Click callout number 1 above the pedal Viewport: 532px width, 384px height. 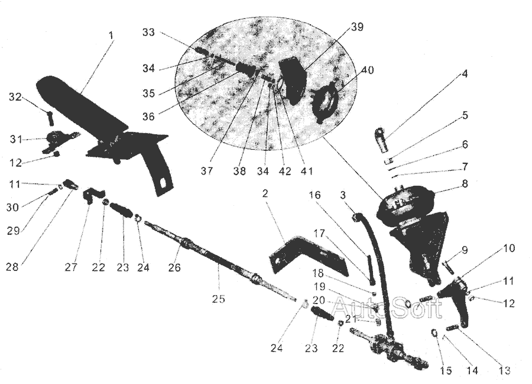click(111, 36)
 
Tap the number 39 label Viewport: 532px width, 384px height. click(356, 28)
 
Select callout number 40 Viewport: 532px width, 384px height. click(367, 70)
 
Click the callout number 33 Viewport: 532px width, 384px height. click(148, 33)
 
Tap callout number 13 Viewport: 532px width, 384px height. click(503, 371)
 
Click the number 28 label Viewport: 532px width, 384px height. click(12, 267)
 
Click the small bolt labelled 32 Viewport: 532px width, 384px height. click(50, 118)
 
